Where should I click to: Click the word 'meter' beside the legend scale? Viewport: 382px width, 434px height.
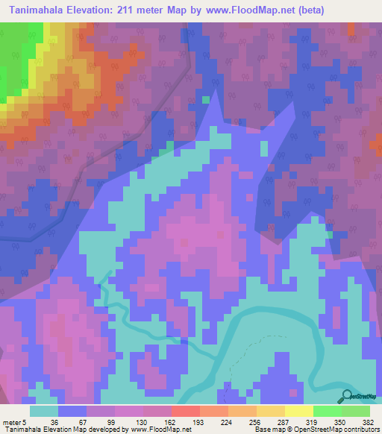pos(12,421)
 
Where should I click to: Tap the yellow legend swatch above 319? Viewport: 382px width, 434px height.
pos(299,411)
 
